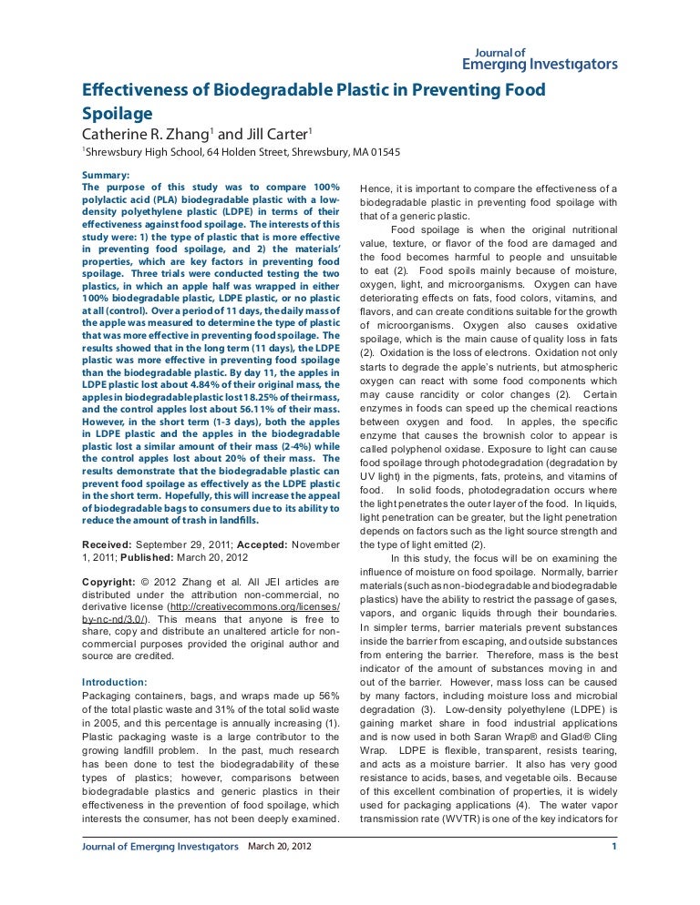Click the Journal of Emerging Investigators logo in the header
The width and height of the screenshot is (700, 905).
540,59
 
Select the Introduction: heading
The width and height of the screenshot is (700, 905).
114,682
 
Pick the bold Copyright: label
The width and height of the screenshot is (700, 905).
110,581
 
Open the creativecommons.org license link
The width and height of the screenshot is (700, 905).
257,606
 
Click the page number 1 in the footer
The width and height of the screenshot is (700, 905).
614,848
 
